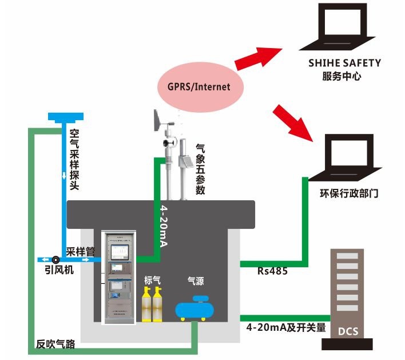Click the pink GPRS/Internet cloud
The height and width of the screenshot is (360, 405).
198,87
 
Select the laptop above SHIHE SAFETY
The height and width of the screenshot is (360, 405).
342,26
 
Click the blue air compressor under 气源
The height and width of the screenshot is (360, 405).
196,308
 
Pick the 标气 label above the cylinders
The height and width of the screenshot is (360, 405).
152,280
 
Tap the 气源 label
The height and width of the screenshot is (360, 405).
196,280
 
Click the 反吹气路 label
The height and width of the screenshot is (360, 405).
55,345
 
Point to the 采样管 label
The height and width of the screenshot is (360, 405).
80,251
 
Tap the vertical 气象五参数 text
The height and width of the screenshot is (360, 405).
200,169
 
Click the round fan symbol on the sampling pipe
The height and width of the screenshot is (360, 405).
55,259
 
